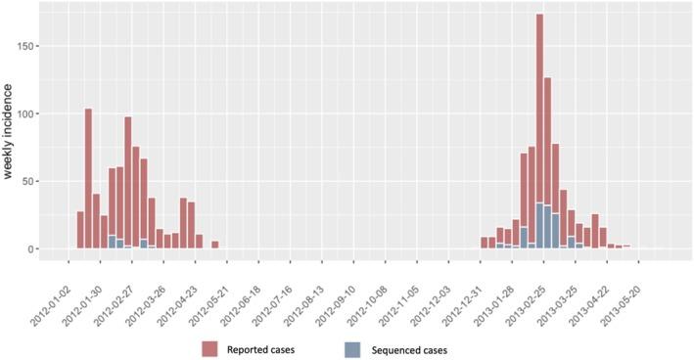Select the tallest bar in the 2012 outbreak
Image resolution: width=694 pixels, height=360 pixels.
coord(88,176)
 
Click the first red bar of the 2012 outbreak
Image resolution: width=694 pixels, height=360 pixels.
coord(80,230)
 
